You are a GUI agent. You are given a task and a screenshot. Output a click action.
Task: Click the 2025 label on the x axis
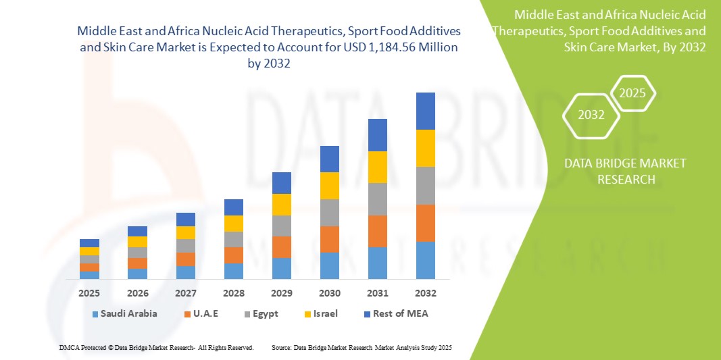[89, 293]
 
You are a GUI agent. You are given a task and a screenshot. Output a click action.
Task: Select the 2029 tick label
[281, 293]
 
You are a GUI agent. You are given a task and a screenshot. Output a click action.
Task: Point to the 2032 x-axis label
[425, 293]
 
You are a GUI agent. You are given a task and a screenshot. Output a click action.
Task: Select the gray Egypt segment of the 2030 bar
[329, 212]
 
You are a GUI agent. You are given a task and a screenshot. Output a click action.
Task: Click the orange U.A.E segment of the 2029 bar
[281, 247]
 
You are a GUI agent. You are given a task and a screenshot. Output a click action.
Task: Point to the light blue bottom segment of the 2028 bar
[233, 271]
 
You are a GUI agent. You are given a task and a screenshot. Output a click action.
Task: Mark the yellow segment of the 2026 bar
[137, 241]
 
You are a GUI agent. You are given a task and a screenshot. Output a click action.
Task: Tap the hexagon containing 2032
[591, 115]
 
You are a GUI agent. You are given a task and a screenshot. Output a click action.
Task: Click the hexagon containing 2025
[632, 93]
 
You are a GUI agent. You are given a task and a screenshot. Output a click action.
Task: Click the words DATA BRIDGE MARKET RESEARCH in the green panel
[624, 172]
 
